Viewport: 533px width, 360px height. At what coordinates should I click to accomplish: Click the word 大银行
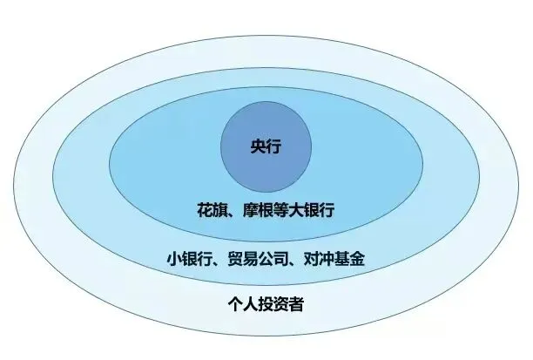313,210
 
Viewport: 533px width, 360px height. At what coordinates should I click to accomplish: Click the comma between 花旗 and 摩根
233,213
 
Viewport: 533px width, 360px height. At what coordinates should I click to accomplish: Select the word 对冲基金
341,259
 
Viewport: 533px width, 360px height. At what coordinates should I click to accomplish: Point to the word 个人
240,305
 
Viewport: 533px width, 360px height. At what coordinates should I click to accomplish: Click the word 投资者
280,305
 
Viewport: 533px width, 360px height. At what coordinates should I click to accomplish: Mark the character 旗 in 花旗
221,210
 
